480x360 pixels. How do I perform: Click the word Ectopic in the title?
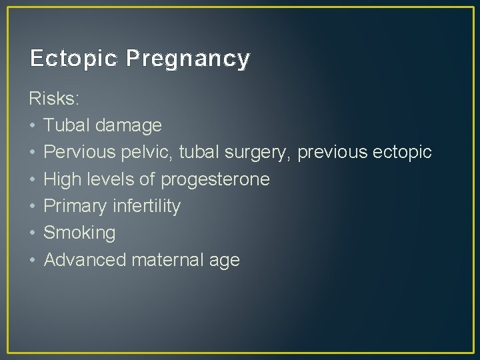click(73, 59)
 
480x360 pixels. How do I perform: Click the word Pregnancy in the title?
click(187, 59)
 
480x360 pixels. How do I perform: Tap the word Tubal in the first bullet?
click(67, 125)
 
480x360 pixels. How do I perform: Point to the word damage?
click(129, 126)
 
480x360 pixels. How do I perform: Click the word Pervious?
click(79, 152)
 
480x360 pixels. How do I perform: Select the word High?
click(60, 179)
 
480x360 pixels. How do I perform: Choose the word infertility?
click(146, 206)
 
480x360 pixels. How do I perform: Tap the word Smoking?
click(79, 233)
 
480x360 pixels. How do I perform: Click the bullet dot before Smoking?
click(33, 233)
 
